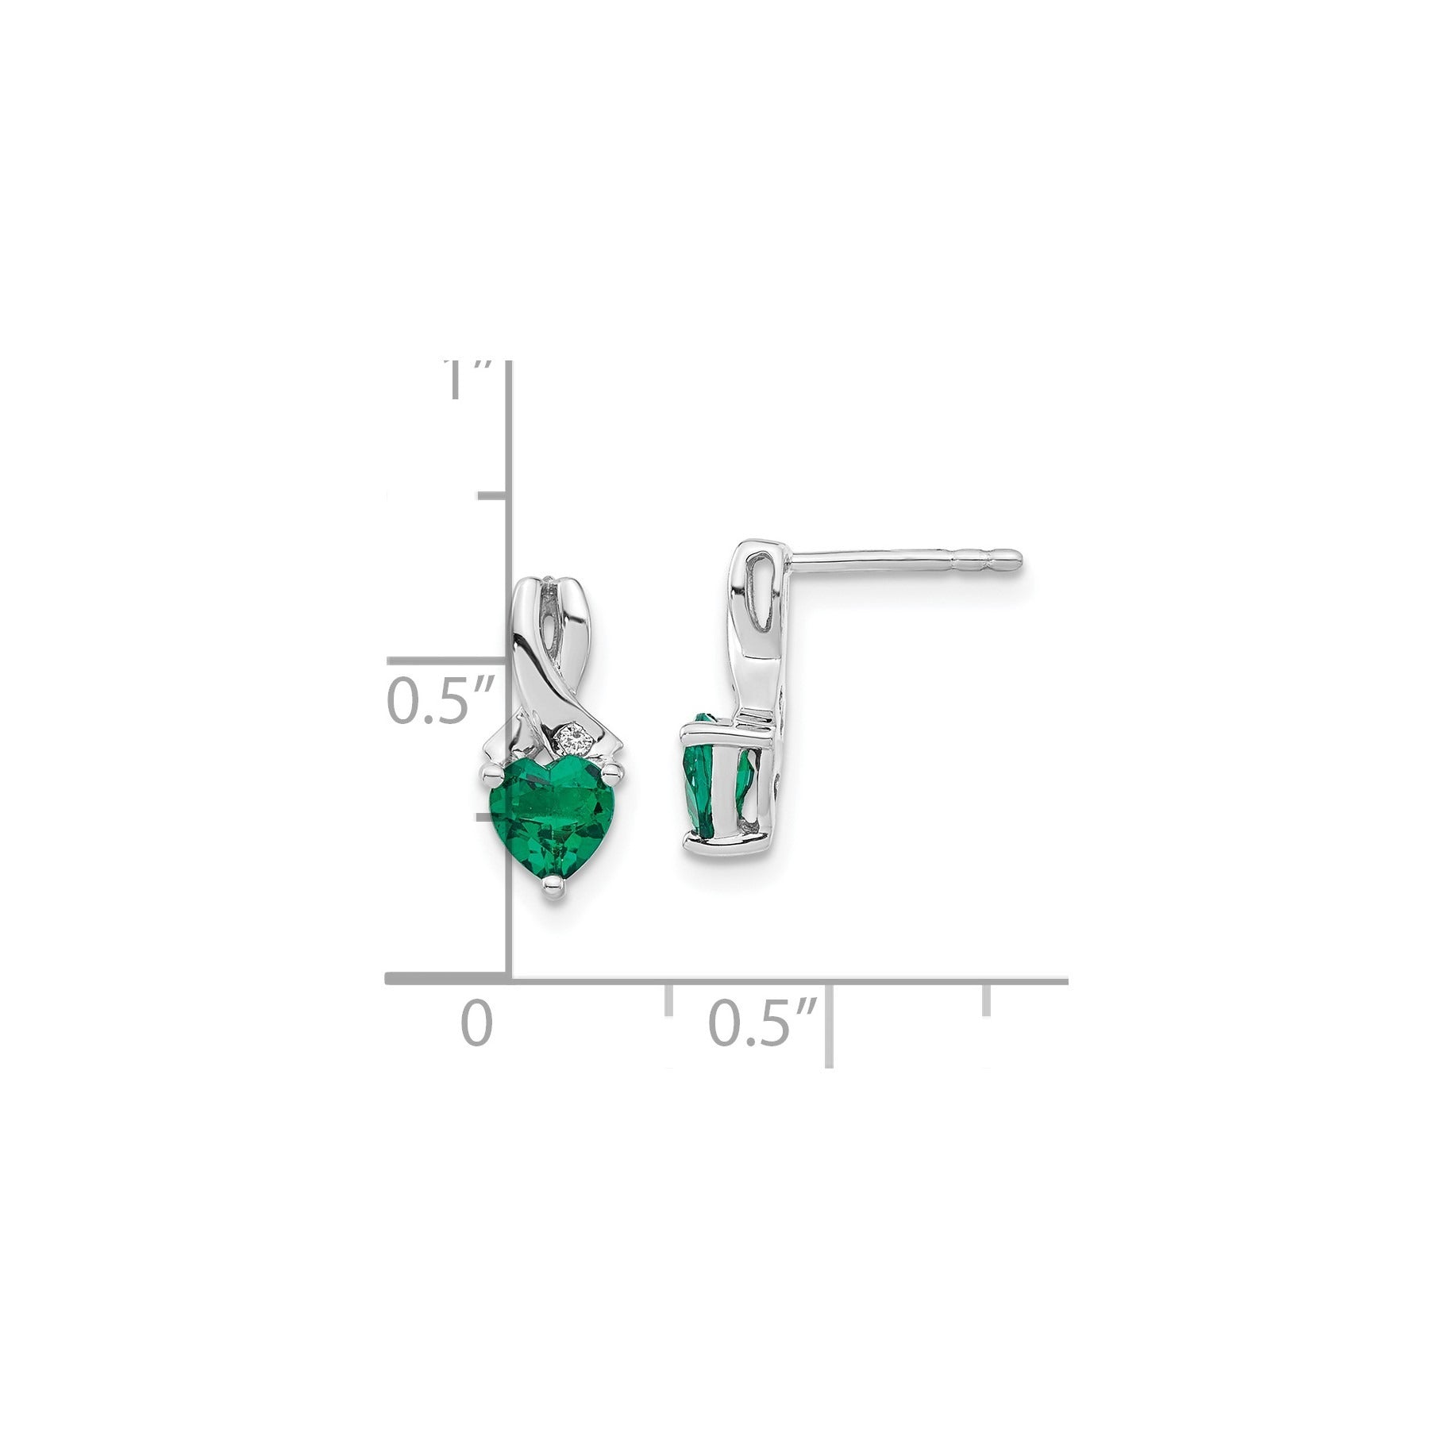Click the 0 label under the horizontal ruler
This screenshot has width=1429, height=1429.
coord(477,1023)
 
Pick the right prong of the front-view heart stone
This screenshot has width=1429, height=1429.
coord(613,770)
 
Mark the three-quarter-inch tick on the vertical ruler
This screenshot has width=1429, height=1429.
coord(492,496)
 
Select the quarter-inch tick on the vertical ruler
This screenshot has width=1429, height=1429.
coord(492,816)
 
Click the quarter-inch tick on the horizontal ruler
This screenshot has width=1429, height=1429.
coord(668,999)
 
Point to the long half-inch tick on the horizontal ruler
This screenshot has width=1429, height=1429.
coord(830,1024)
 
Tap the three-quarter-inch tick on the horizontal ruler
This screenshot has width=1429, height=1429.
coord(987,999)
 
